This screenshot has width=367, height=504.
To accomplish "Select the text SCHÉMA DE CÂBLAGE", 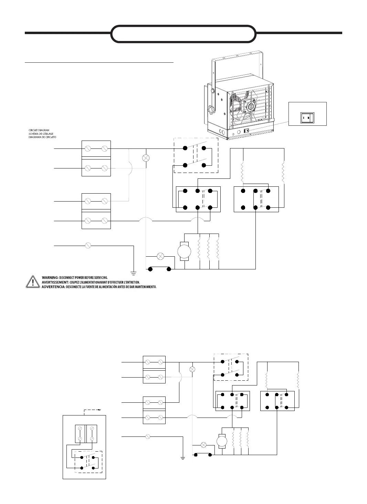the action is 41,134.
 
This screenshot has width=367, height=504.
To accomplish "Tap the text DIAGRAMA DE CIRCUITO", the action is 42,137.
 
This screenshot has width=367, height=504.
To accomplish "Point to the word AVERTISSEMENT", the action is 55,282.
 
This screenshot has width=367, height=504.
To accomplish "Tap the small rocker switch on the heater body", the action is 247,131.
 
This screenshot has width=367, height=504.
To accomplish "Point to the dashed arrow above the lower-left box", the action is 92,410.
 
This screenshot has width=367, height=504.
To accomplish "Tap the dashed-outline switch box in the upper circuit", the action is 196,155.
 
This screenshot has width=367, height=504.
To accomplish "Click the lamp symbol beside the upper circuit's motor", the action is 160,256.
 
